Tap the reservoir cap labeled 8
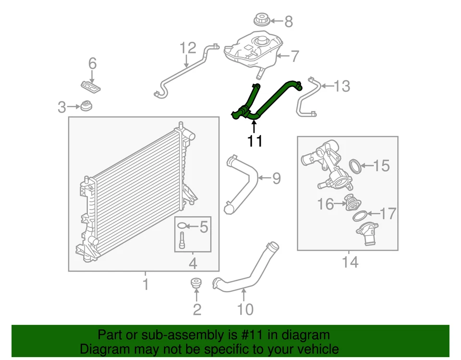[x=261, y=21]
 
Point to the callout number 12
[x=188, y=48]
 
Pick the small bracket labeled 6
[x=91, y=87]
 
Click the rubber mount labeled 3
[x=87, y=106]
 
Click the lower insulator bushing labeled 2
[x=196, y=283]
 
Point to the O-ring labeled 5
[x=182, y=226]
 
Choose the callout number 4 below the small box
[x=193, y=263]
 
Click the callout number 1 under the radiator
[x=146, y=285]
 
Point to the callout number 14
[x=350, y=262]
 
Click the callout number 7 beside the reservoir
[x=293, y=57]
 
